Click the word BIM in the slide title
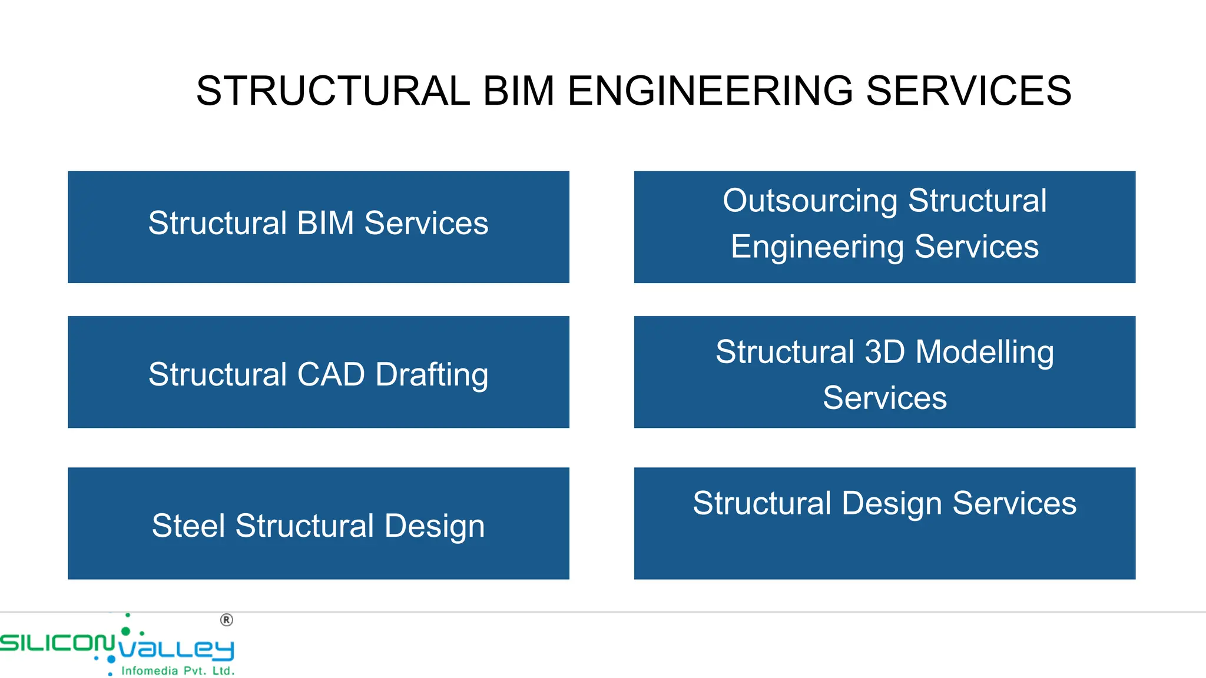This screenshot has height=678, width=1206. (519, 91)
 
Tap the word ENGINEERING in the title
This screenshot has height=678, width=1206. (710, 91)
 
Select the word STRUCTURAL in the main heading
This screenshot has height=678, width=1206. (333, 91)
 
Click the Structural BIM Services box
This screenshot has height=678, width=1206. (318, 227)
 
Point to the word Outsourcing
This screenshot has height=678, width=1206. (810, 201)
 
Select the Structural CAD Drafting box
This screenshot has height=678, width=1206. (318, 372)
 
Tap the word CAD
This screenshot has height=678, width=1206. (331, 374)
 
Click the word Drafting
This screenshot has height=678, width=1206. (432, 375)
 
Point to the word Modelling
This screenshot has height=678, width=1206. (985, 353)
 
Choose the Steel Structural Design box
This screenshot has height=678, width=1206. (318, 523)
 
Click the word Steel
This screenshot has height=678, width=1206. (188, 526)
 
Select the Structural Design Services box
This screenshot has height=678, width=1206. (884, 523)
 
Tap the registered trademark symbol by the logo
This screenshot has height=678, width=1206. (227, 620)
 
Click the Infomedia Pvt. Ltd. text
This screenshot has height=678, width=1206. (177, 671)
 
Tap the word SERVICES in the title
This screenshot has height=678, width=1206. (969, 91)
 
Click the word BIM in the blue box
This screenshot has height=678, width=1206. (326, 223)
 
